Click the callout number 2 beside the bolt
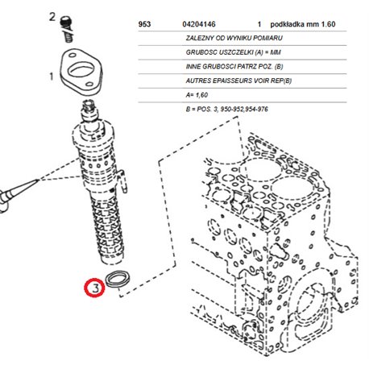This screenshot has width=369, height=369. pyautogui.click(x=52, y=17)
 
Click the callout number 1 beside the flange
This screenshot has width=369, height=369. pyautogui.click(x=52, y=77)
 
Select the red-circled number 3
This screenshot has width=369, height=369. pyautogui.click(x=94, y=288)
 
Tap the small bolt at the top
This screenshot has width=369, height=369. pyautogui.click(x=66, y=29)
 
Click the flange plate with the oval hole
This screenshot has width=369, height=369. pyautogui.click(x=81, y=72)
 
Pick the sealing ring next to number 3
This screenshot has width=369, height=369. pyautogui.click(x=118, y=279)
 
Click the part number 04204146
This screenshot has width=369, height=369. pyautogui.click(x=199, y=24)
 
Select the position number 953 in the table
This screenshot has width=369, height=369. pyautogui.click(x=144, y=24)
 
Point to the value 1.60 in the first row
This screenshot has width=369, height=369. pyautogui.click(x=328, y=24)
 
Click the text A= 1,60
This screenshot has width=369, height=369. pyautogui.click(x=197, y=95)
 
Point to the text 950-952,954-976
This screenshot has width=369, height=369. pyautogui.click(x=244, y=109)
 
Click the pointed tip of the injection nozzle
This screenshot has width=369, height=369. pyautogui.click(x=38, y=180)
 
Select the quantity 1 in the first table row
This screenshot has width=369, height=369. pyautogui.click(x=259, y=24)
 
